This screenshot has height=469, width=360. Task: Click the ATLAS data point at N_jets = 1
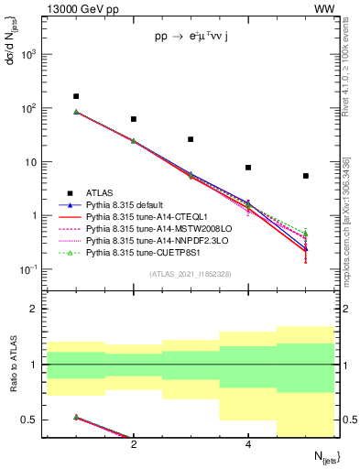(x=76, y=96)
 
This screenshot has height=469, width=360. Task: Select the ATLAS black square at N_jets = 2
(x=134, y=119)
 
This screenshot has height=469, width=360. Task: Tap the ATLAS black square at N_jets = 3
(x=191, y=139)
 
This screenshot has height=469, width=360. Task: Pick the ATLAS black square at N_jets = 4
(x=248, y=168)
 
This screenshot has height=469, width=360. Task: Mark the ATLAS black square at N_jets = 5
(x=306, y=176)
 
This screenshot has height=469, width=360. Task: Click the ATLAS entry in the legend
(x=100, y=193)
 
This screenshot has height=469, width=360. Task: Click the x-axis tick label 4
(x=248, y=444)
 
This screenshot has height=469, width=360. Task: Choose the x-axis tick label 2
(x=134, y=444)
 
